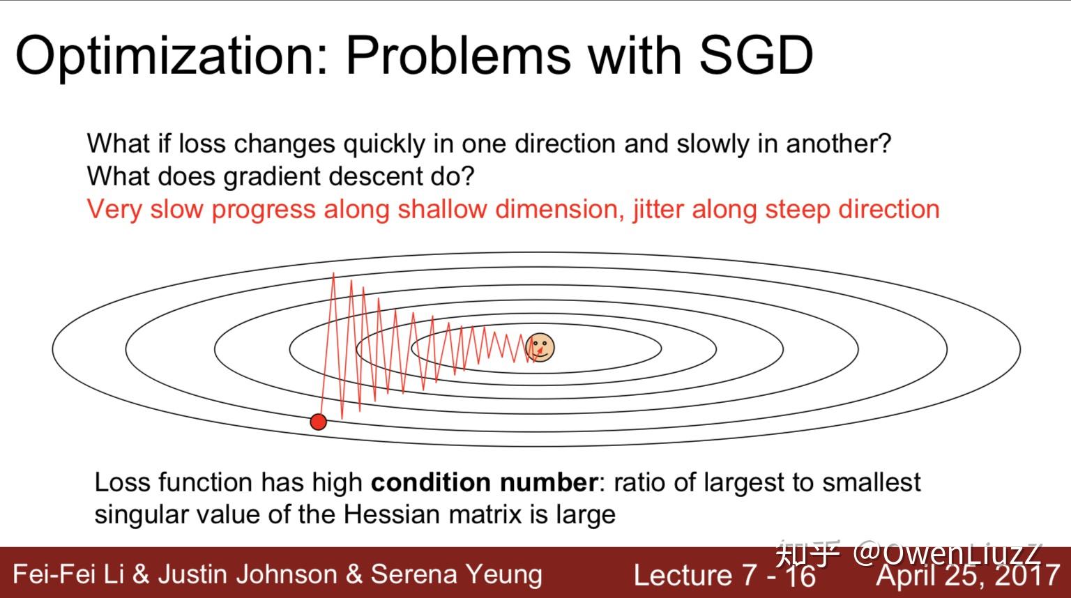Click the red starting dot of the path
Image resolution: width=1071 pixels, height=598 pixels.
(x=319, y=422)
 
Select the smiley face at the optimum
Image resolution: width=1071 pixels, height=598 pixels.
(x=540, y=348)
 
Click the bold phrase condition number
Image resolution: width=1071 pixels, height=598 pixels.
(x=484, y=482)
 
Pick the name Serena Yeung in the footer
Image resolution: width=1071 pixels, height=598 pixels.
(x=457, y=574)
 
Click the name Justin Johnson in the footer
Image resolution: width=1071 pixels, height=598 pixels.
(x=248, y=574)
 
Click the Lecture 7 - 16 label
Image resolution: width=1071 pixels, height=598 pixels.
(x=724, y=575)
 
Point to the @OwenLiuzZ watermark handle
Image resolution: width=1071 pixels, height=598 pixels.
(x=947, y=555)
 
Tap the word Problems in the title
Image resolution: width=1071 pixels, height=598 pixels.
(x=459, y=56)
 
